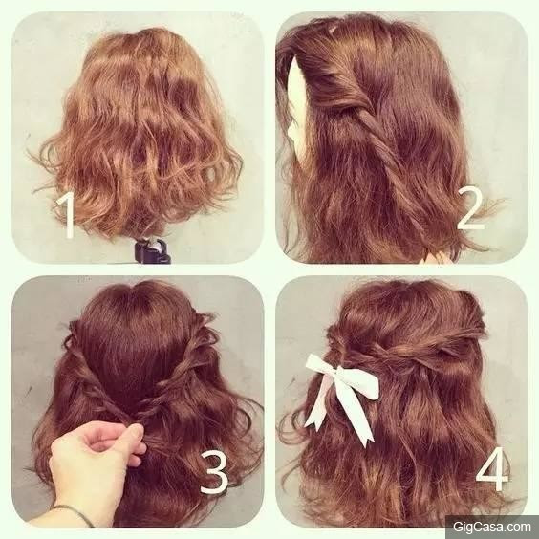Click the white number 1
coord(67,215)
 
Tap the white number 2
coord(470,209)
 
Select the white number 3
coord(214,472)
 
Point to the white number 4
coord(492,469)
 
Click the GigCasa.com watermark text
coord(492,527)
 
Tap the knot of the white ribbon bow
coord(334,373)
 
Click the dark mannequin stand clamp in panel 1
coord(152,251)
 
